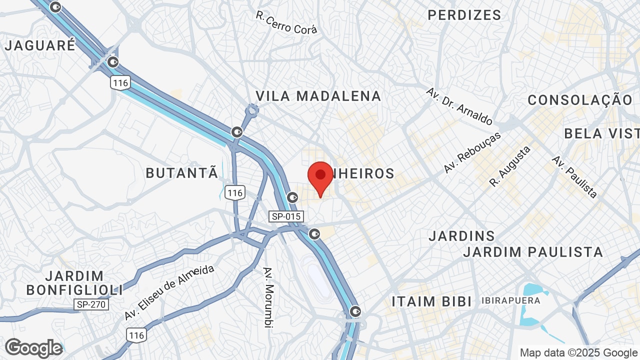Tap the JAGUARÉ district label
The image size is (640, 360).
(40, 45)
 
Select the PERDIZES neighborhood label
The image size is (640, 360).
(464, 15)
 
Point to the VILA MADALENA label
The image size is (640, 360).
(318, 96)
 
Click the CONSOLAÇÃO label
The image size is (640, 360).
(580, 100)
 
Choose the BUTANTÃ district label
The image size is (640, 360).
(182, 173)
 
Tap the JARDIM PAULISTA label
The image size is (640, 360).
(533, 252)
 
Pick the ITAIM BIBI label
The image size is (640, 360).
(431, 301)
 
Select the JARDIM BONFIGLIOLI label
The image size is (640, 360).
(74, 282)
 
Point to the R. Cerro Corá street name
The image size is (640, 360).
(286, 23)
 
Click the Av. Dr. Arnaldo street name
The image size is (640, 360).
(459, 106)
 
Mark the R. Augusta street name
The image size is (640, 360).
(510, 166)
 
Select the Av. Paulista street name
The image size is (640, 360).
(574, 176)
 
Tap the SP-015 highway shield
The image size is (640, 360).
(285, 216)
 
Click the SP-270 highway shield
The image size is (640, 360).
(91, 304)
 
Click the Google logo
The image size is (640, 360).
(33, 348)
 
